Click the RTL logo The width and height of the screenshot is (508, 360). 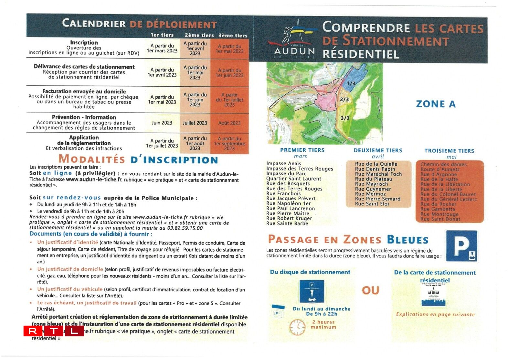click(53, 331)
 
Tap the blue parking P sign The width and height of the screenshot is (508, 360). click(461, 246)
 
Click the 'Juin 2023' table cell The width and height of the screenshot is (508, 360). click(162, 123)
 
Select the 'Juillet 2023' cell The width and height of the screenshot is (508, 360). click(195, 123)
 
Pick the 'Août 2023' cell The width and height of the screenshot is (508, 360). click(229, 123)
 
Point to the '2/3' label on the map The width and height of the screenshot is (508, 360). click(344, 100)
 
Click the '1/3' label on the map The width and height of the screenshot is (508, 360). click(351, 83)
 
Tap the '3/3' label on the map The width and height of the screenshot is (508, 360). click(345, 118)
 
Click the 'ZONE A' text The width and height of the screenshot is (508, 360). click(436, 104)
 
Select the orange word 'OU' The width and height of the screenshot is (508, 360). click(370, 290)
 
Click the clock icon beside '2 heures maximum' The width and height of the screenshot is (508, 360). click(297, 327)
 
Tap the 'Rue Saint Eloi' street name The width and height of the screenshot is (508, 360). click(372, 204)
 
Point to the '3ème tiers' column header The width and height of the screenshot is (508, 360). click(233, 36)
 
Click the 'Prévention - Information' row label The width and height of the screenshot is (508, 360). click(84, 117)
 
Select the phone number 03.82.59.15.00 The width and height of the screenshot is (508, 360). click(185, 228)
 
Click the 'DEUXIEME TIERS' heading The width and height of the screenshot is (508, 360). click(378, 150)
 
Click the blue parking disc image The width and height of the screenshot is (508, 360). click(312, 291)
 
